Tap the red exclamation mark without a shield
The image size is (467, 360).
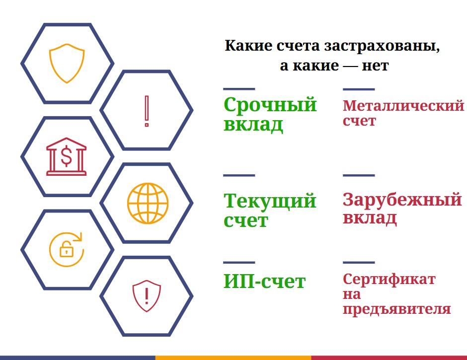147,111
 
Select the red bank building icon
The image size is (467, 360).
67,156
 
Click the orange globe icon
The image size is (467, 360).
148,203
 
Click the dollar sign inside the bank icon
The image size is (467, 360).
67,156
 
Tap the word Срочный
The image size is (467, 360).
270,105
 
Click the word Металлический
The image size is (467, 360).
403,105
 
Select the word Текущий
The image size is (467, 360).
270,201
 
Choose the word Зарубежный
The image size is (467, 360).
402,200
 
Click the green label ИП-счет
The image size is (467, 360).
264,282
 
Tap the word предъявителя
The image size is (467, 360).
397,309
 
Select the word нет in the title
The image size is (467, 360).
375,66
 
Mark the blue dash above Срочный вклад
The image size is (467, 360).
239,89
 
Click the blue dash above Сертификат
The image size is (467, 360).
359,263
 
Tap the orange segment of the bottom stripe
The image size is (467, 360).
233,358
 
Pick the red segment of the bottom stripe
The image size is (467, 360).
389,358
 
